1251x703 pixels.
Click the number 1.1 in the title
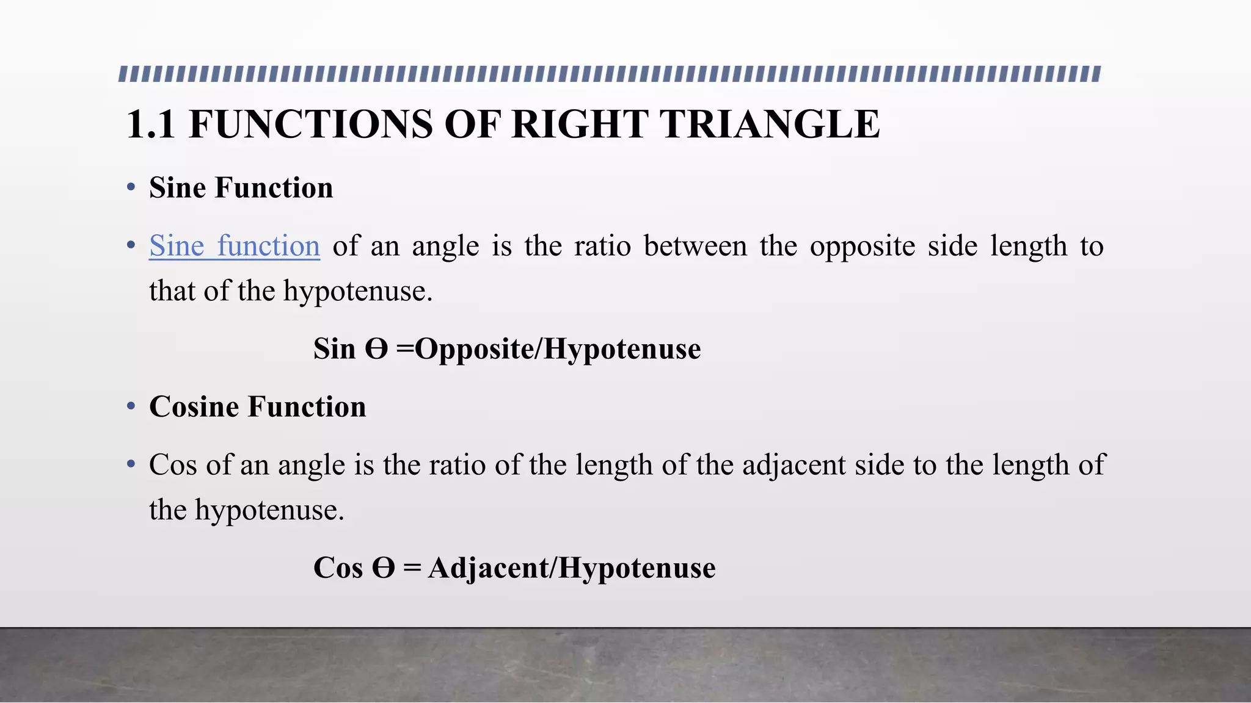(x=151, y=124)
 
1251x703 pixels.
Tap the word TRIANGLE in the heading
(x=771, y=124)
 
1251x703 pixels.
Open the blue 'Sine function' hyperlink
(x=235, y=247)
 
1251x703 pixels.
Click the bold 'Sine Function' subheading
(x=241, y=188)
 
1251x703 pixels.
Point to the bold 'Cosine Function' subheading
(x=258, y=407)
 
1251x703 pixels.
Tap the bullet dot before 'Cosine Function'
(x=131, y=406)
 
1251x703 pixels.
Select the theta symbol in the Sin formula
(x=376, y=349)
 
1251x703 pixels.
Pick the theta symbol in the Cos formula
(x=384, y=568)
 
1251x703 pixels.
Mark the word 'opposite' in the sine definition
(x=862, y=247)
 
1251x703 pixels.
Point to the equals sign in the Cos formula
(x=412, y=568)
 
